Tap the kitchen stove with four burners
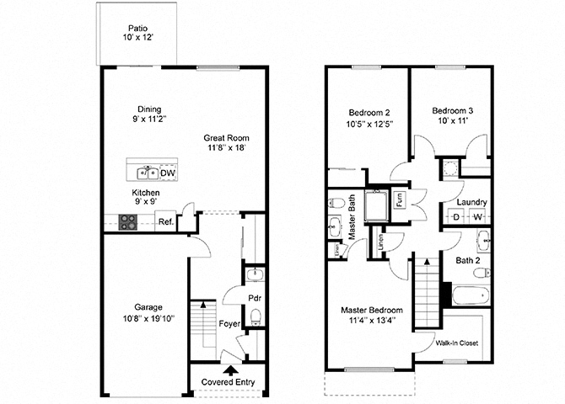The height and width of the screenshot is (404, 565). [128, 222]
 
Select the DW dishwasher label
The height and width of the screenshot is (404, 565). [168, 174]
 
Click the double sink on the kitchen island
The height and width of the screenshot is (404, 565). [147, 174]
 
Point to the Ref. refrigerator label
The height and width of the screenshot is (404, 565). [166, 222]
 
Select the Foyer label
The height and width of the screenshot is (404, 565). [229, 323]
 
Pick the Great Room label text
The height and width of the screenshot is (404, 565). [226, 137]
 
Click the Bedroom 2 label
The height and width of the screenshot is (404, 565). [369, 113]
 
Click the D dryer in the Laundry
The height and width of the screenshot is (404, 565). [456, 217]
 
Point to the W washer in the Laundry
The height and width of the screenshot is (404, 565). [476, 217]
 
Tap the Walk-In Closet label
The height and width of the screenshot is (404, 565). [458, 343]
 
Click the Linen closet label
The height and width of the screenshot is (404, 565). [382, 242]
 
